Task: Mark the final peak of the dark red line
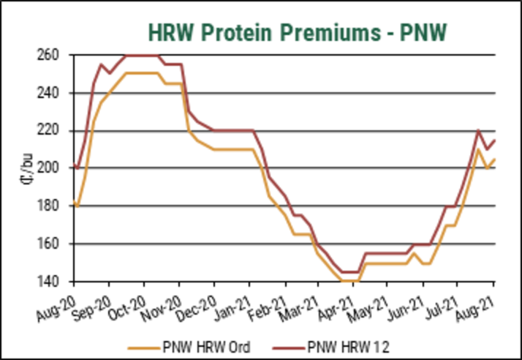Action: (x=478, y=131)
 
